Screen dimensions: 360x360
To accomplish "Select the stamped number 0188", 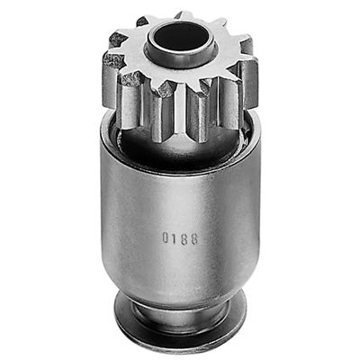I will (180, 239).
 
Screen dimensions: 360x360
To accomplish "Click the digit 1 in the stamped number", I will (175, 239).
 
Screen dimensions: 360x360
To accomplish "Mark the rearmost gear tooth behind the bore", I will (184, 16).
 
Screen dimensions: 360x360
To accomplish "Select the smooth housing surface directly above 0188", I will (180, 202).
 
